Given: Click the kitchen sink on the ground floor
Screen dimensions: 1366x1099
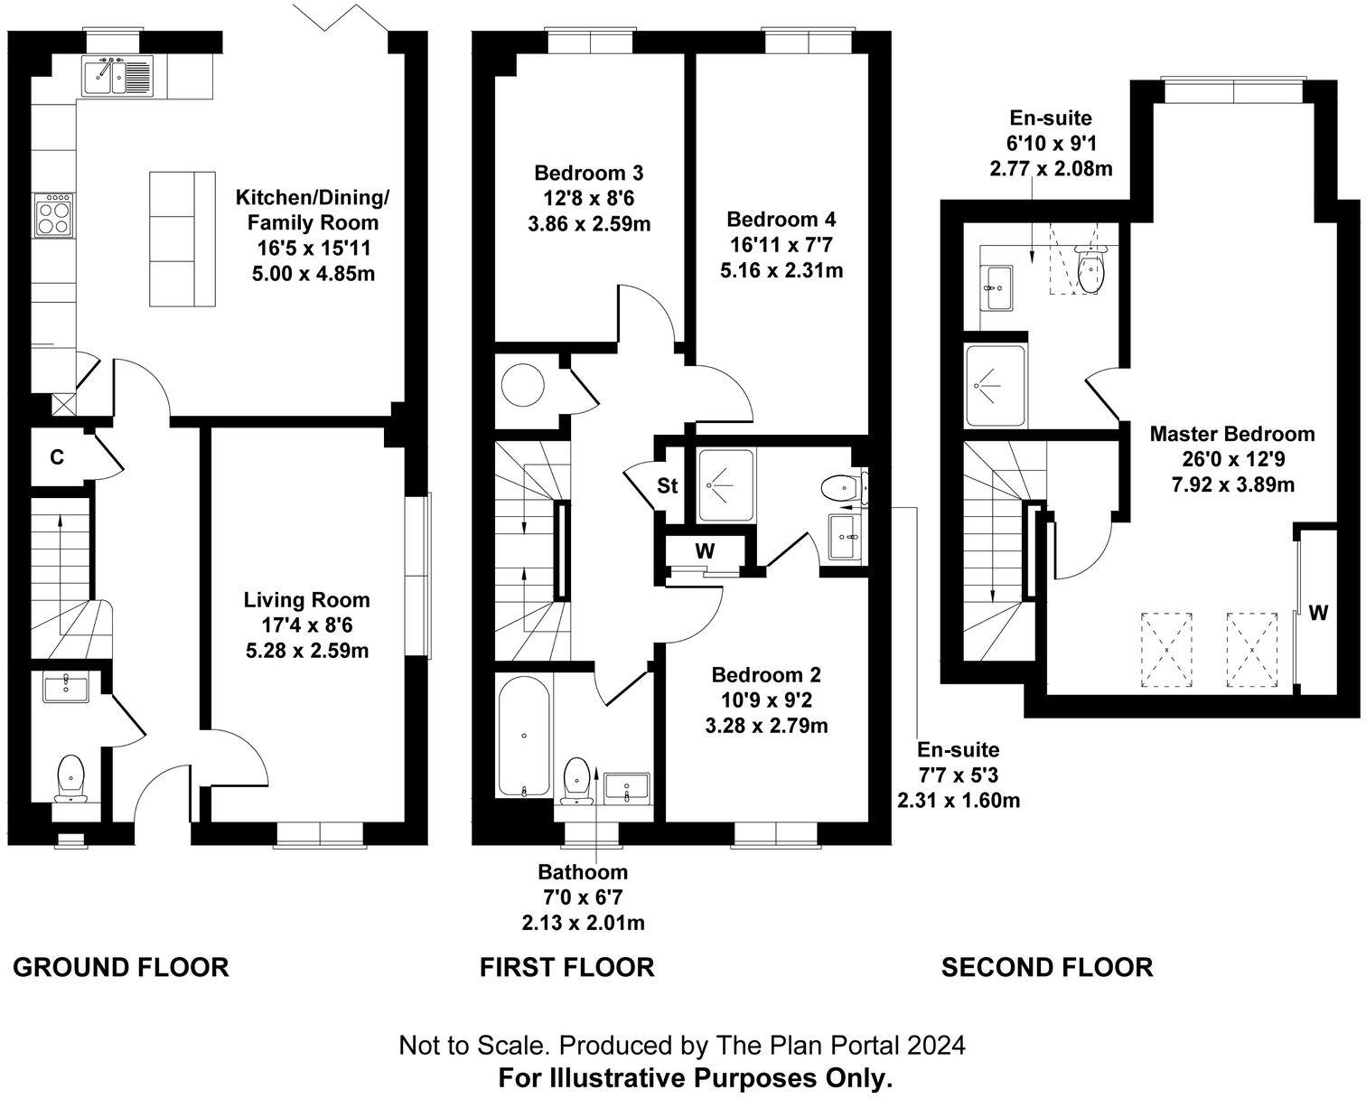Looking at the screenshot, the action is coord(118,76).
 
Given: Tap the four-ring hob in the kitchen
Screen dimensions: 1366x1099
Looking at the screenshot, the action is coord(54,214).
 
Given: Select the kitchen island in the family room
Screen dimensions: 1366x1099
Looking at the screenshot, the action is coord(182,238).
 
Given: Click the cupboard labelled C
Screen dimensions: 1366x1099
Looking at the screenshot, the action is coord(57,457).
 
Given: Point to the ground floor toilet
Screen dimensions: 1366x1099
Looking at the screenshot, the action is coord(70,778).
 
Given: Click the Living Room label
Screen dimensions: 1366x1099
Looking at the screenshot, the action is coord(306,599).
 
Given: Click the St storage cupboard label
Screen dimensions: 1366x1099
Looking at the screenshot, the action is coord(667,486).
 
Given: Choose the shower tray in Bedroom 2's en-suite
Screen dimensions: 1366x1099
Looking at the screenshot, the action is coord(726,486).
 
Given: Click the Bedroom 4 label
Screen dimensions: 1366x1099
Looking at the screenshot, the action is coord(781,219).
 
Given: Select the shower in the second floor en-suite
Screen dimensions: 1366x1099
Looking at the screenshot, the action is coord(996,387).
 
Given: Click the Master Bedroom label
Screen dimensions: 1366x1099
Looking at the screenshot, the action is coord(1231,434).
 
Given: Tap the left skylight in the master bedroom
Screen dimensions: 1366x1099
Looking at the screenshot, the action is coord(1166,649).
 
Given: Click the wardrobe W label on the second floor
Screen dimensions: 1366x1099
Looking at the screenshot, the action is coord(1318,613).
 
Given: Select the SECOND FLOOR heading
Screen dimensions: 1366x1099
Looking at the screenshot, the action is coord(1046,968).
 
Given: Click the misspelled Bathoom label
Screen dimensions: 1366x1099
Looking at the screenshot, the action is coord(582,872).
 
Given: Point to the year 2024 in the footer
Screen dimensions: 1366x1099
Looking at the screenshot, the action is coord(936,1046).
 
